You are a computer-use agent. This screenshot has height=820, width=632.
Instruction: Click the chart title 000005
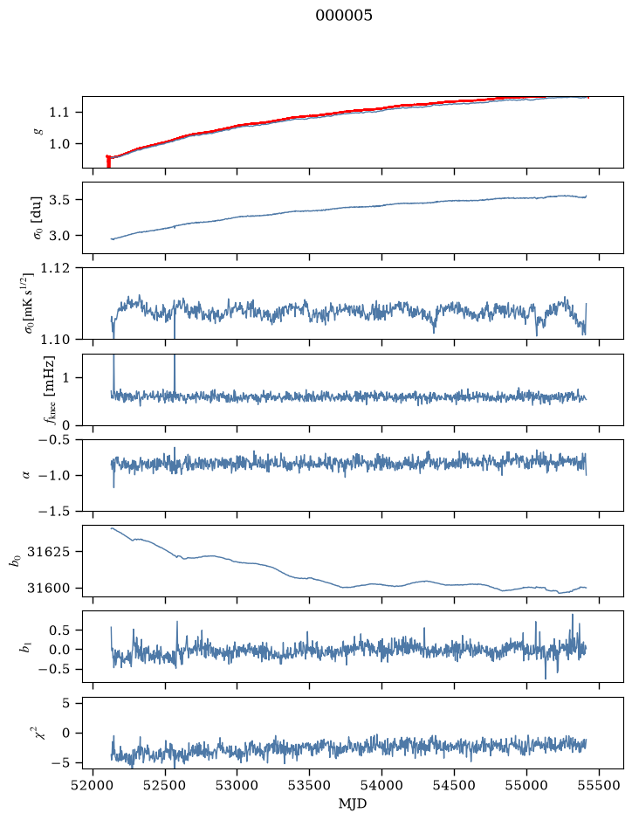[x=343, y=16]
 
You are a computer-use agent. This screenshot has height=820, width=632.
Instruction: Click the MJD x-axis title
[x=353, y=803]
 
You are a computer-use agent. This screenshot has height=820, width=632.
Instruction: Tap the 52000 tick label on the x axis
[x=93, y=785]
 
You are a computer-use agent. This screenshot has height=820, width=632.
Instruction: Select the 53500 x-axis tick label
[x=309, y=785]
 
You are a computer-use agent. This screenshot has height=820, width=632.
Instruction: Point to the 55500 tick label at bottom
[x=599, y=785]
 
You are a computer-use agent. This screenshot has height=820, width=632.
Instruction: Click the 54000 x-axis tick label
[x=381, y=785]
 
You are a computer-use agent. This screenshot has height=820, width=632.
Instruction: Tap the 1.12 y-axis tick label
[x=54, y=268]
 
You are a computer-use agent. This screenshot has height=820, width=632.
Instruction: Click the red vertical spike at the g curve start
[x=108, y=162]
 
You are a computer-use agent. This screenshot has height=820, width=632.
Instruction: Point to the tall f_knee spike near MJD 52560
[x=175, y=374]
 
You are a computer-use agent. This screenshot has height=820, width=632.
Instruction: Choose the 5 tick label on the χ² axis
[x=65, y=703]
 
